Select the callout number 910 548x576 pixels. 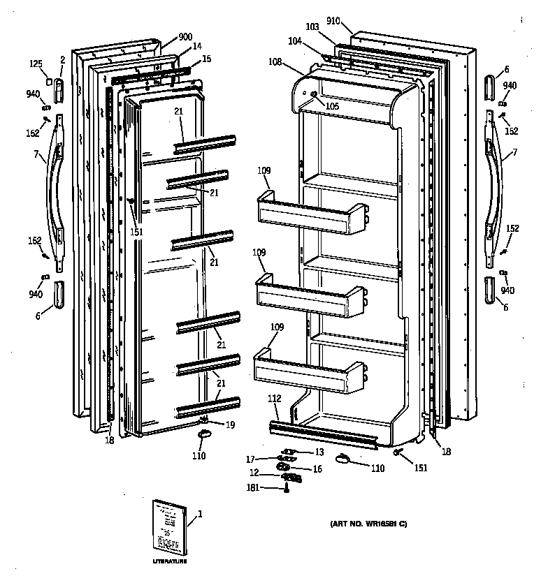click(x=333, y=21)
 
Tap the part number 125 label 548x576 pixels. click(x=36, y=64)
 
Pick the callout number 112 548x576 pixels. click(x=274, y=399)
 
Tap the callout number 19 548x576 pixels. click(x=230, y=424)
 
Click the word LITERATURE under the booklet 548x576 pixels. click(x=170, y=561)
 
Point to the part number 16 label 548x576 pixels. click(x=317, y=468)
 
